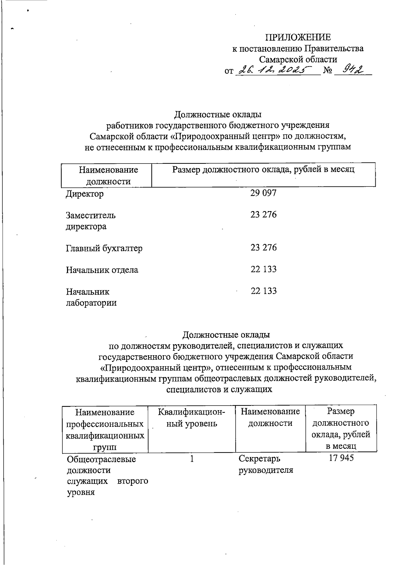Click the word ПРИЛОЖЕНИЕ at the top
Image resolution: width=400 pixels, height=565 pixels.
point(298,37)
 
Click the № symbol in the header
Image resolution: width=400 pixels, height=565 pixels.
point(328,71)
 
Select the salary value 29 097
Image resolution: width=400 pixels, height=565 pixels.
point(263,193)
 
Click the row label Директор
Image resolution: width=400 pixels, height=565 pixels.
point(85,194)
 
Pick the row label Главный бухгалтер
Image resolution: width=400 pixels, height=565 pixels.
point(104,248)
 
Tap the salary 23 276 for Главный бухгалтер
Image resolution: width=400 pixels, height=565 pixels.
point(263,247)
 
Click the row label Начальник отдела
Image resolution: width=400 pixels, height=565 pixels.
point(102,270)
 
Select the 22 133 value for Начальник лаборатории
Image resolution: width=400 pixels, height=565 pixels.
point(263,291)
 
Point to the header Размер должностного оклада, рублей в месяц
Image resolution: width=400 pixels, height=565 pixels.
point(263,170)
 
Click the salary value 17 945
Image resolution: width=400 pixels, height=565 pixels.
point(341,458)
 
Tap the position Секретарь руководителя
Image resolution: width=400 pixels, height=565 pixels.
point(265,464)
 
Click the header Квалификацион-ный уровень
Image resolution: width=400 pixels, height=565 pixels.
point(191,418)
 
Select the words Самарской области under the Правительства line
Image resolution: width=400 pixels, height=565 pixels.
point(298,60)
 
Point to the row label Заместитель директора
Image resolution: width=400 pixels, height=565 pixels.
point(91,221)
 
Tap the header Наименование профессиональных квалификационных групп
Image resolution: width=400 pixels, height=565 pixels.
point(105,429)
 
